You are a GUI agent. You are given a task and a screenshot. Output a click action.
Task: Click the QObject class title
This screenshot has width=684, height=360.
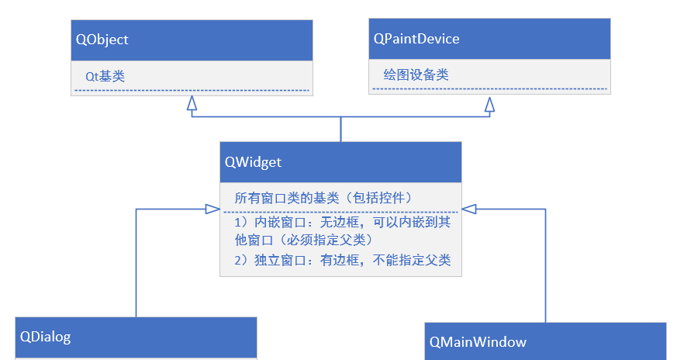(102, 40)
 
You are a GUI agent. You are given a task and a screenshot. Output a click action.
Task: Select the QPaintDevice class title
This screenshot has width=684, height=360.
(416, 39)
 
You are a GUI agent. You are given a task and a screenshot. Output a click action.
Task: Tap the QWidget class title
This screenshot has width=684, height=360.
(253, 162)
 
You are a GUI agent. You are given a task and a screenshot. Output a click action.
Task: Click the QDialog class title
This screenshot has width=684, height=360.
(45, 337)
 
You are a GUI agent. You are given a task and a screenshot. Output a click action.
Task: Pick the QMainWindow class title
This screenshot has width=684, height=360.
(478, 341)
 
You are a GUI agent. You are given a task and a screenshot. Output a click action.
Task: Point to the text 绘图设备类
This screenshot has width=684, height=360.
(416, 75)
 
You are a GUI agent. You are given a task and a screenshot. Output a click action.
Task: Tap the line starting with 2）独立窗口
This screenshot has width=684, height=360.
(342, 260)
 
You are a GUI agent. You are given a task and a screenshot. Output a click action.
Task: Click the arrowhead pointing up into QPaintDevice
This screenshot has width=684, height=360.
(489, 104)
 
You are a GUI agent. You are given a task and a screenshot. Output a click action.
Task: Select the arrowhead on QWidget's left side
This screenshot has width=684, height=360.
(212, 209)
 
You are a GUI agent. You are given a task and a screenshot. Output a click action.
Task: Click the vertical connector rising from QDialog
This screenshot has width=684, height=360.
(136, 264)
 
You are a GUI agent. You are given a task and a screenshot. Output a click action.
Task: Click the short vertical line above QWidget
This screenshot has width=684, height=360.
(340, 130)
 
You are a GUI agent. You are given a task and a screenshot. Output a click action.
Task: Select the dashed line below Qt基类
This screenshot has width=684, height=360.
(192, 92)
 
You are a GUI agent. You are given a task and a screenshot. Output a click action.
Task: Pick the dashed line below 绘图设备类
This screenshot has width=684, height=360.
(489, 89)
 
